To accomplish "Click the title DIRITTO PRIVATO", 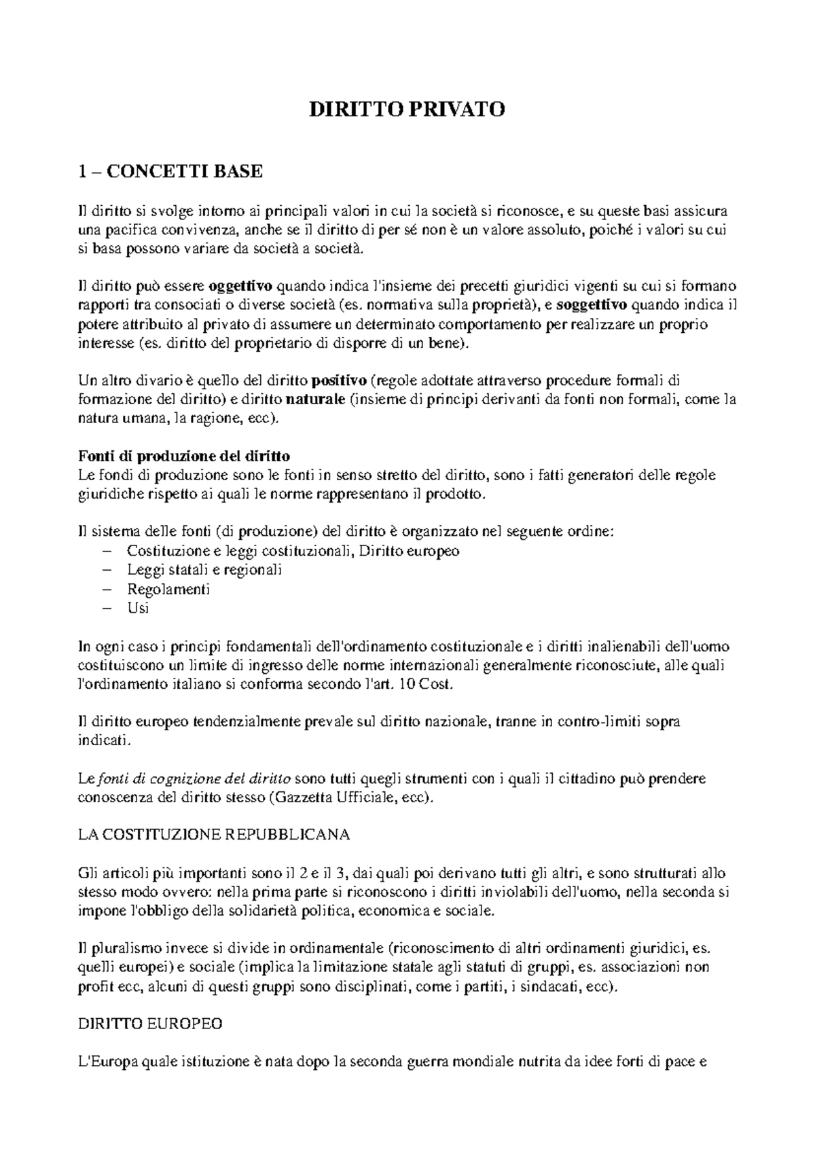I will coord(407,110).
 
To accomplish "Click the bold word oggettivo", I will coord(240,285).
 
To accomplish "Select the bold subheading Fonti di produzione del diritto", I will coord(184,456).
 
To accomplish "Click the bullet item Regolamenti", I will coord(168,589).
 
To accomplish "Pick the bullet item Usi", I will coord(138,608).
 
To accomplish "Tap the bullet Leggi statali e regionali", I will coord(204,570).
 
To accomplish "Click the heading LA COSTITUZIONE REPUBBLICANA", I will coord(214,835).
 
